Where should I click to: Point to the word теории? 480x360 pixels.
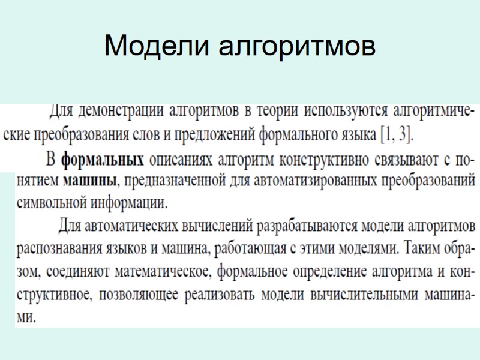[x=277, y=112]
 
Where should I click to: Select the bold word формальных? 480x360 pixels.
[x=103, y=160]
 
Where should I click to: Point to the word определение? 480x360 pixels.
[x=302, y=271]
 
